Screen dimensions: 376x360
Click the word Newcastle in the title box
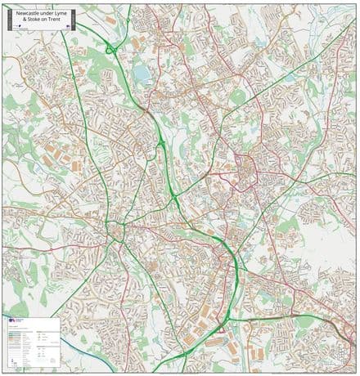click(x=29, y=14)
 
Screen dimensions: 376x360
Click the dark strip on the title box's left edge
click(x=6, y=20)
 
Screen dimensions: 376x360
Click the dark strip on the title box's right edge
click(x=73, y=20)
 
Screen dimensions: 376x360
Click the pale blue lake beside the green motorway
click(x=145, y=75)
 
